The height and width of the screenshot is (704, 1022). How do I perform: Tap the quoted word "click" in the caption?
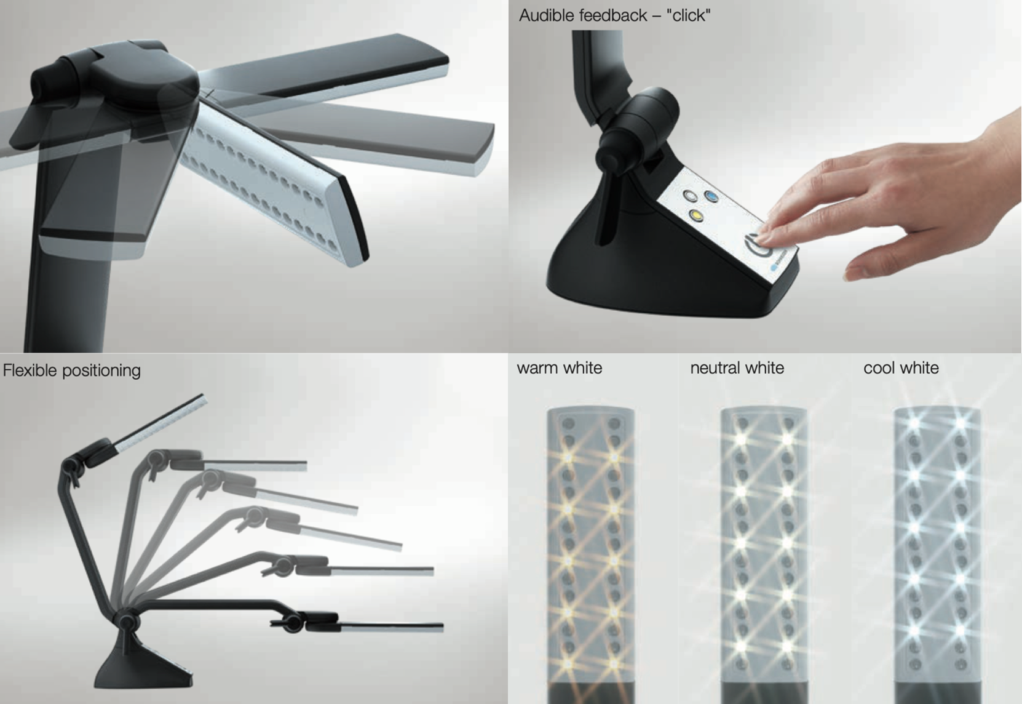point(688,15)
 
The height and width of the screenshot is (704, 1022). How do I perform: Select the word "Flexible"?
point(30,370)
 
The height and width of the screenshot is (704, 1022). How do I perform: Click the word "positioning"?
point(101,371)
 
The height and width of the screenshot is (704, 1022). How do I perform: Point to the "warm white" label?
point(560,368)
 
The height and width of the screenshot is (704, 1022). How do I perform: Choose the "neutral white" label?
point(737,368)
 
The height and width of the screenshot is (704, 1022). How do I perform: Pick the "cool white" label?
point(901,368)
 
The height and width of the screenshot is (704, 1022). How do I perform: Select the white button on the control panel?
point(690,195)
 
